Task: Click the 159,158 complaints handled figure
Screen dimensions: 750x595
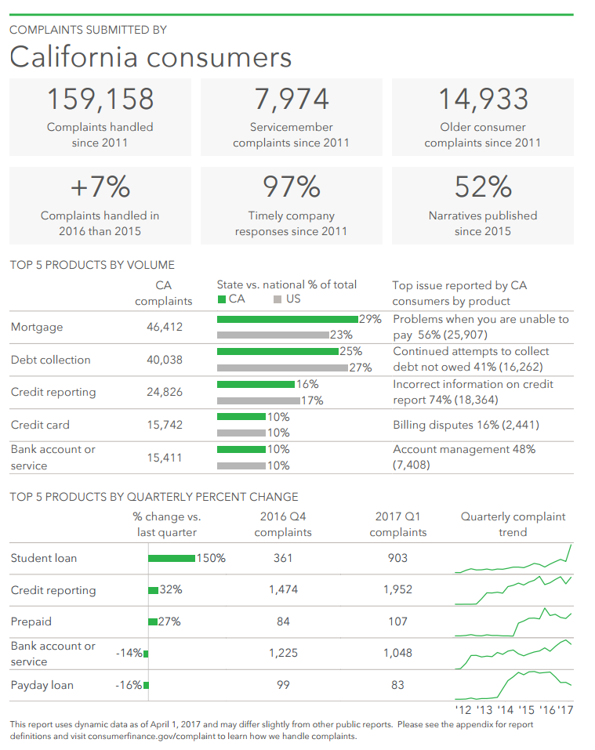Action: [x=100, y=100]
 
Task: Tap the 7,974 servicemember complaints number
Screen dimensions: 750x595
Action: [x=292, y=100]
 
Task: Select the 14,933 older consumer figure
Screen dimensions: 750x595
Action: [x=483, y=100]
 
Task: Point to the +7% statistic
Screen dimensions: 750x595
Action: [x=100, y=187]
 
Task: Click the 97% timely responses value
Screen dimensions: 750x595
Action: [x=292, y=187]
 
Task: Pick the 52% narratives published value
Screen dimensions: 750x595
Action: [x=483, y=187]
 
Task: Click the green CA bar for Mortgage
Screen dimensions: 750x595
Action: [x=287, y=319]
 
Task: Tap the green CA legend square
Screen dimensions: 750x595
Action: [x=222, y=299]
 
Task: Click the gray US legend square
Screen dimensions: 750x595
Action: [x=278, y=299]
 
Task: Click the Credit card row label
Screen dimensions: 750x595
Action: [x=40, y=425]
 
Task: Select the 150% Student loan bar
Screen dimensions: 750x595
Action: [x=172, y=558]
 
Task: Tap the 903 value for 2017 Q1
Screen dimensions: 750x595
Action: [x=397, y=558]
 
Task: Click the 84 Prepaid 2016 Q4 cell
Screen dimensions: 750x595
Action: [x=283, y=621]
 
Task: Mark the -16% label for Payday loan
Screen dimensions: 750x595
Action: [x=128, y=685]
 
